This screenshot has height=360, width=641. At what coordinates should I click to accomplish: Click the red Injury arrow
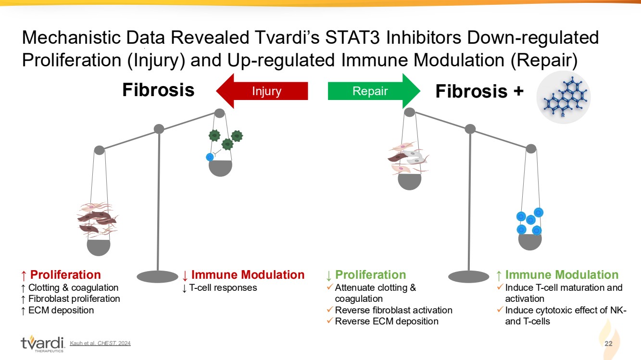coord(262,91)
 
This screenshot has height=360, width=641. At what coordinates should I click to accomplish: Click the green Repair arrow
coord(374,91)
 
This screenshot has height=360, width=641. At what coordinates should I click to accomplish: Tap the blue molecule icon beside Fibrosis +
coord(564,97)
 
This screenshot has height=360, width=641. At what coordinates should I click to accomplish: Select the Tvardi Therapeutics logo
coord(42,344)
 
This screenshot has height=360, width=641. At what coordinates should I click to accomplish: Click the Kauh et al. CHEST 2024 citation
coord(100,343)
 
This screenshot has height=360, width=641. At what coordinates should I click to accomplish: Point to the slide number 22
coord(608,343)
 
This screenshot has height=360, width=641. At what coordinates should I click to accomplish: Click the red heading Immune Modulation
coord(248,275)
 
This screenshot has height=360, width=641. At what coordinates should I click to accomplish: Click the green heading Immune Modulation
coord(562,275)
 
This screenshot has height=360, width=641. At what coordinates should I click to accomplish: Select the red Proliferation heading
coord(65,275)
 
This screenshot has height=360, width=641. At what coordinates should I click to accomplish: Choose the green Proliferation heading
coord(371,275)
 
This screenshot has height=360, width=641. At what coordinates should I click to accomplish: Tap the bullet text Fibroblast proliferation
coord(74,299)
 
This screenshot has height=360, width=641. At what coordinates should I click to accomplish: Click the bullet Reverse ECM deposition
coord(387,322)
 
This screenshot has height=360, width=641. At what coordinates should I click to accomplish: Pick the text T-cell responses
coord(223,287)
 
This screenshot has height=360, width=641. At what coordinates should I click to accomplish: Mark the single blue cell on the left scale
coord(210,157)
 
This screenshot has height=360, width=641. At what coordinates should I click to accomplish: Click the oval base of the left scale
coord(157,276)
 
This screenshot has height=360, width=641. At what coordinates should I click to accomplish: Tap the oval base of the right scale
coord(468,276)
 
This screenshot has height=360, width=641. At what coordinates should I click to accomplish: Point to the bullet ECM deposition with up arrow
coord(58,310)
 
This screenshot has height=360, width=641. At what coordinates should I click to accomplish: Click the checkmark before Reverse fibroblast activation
coord(330,310)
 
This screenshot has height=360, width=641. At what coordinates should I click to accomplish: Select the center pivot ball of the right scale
coord(470,129)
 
